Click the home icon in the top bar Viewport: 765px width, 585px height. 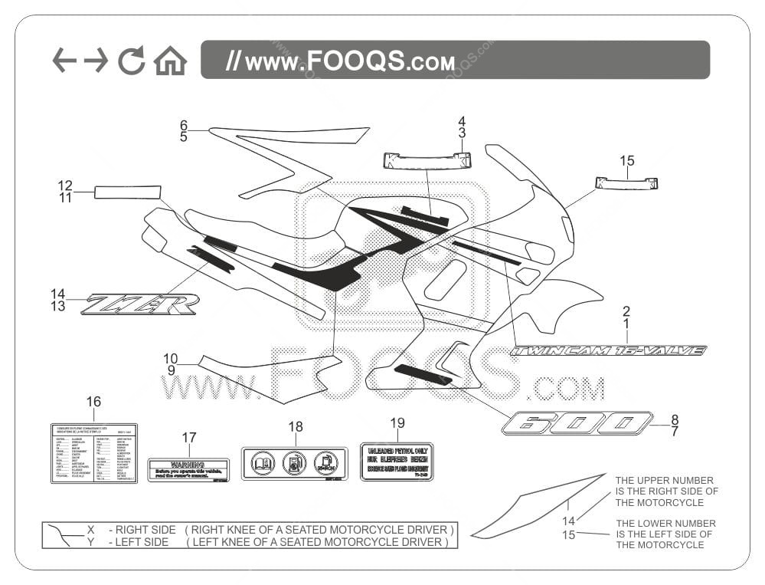[170, 61]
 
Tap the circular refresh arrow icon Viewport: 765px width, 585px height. [131, 61]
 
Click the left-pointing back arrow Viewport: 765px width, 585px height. [64, 60]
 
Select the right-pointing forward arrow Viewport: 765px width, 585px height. [96, 60]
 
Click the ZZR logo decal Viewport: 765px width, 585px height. [141, 304]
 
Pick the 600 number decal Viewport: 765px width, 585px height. [577, 423]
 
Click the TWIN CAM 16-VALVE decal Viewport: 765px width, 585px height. [608, 350]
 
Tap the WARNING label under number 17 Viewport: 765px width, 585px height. [188, 470]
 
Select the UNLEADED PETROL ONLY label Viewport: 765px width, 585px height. [397, 462]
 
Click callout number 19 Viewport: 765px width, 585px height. [397, 422]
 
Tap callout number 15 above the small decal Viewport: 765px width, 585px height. [627, 161]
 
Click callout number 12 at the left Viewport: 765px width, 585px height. [65, 186]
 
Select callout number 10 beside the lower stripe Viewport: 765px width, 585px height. [170, 358]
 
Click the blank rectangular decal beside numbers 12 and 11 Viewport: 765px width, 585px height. [127, 192]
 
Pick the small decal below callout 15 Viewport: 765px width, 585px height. [626, 183]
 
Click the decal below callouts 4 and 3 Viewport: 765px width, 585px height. [427, 160]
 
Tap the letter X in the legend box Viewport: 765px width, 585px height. [90, 530]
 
